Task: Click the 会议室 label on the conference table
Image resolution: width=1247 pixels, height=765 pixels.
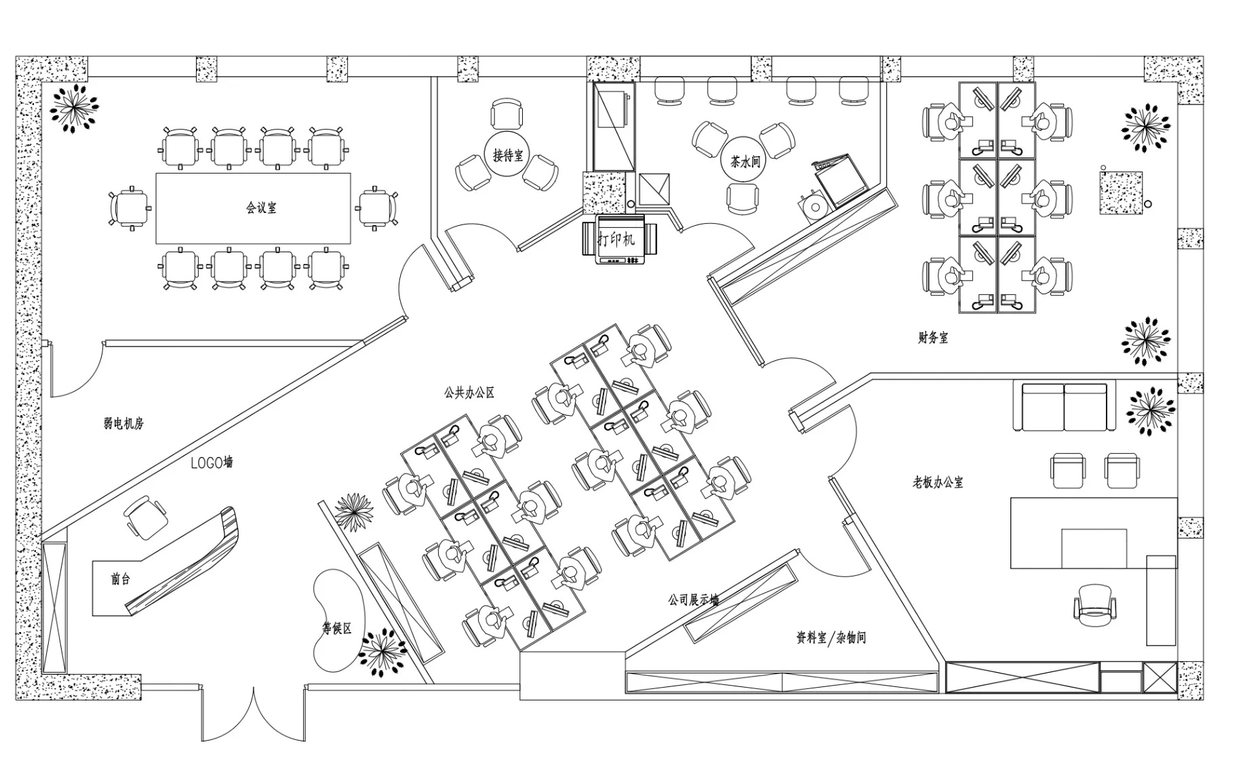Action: (261, 208)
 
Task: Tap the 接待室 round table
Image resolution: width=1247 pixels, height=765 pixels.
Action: (507, 155)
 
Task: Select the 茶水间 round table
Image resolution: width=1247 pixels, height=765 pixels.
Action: (745, 161)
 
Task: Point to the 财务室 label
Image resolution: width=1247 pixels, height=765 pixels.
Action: (933, 337)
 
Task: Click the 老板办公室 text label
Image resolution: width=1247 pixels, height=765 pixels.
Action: (937, 482)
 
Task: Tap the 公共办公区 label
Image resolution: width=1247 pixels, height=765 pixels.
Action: (469, 392)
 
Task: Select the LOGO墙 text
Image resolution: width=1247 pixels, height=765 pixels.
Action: (212, 463)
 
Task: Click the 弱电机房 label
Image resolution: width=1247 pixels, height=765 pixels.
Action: (124, 423)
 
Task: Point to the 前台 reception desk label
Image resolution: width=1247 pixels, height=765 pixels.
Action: (120, 579)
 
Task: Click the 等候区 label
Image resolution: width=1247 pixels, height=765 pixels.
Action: (337, 629)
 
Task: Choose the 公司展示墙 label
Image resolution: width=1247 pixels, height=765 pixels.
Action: (694, 600)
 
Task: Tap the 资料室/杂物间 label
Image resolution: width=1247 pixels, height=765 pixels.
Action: (831, 637)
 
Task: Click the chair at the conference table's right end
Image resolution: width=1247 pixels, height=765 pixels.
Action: (377, 208)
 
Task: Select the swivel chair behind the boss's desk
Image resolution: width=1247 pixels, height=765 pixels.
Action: (1094, 606)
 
